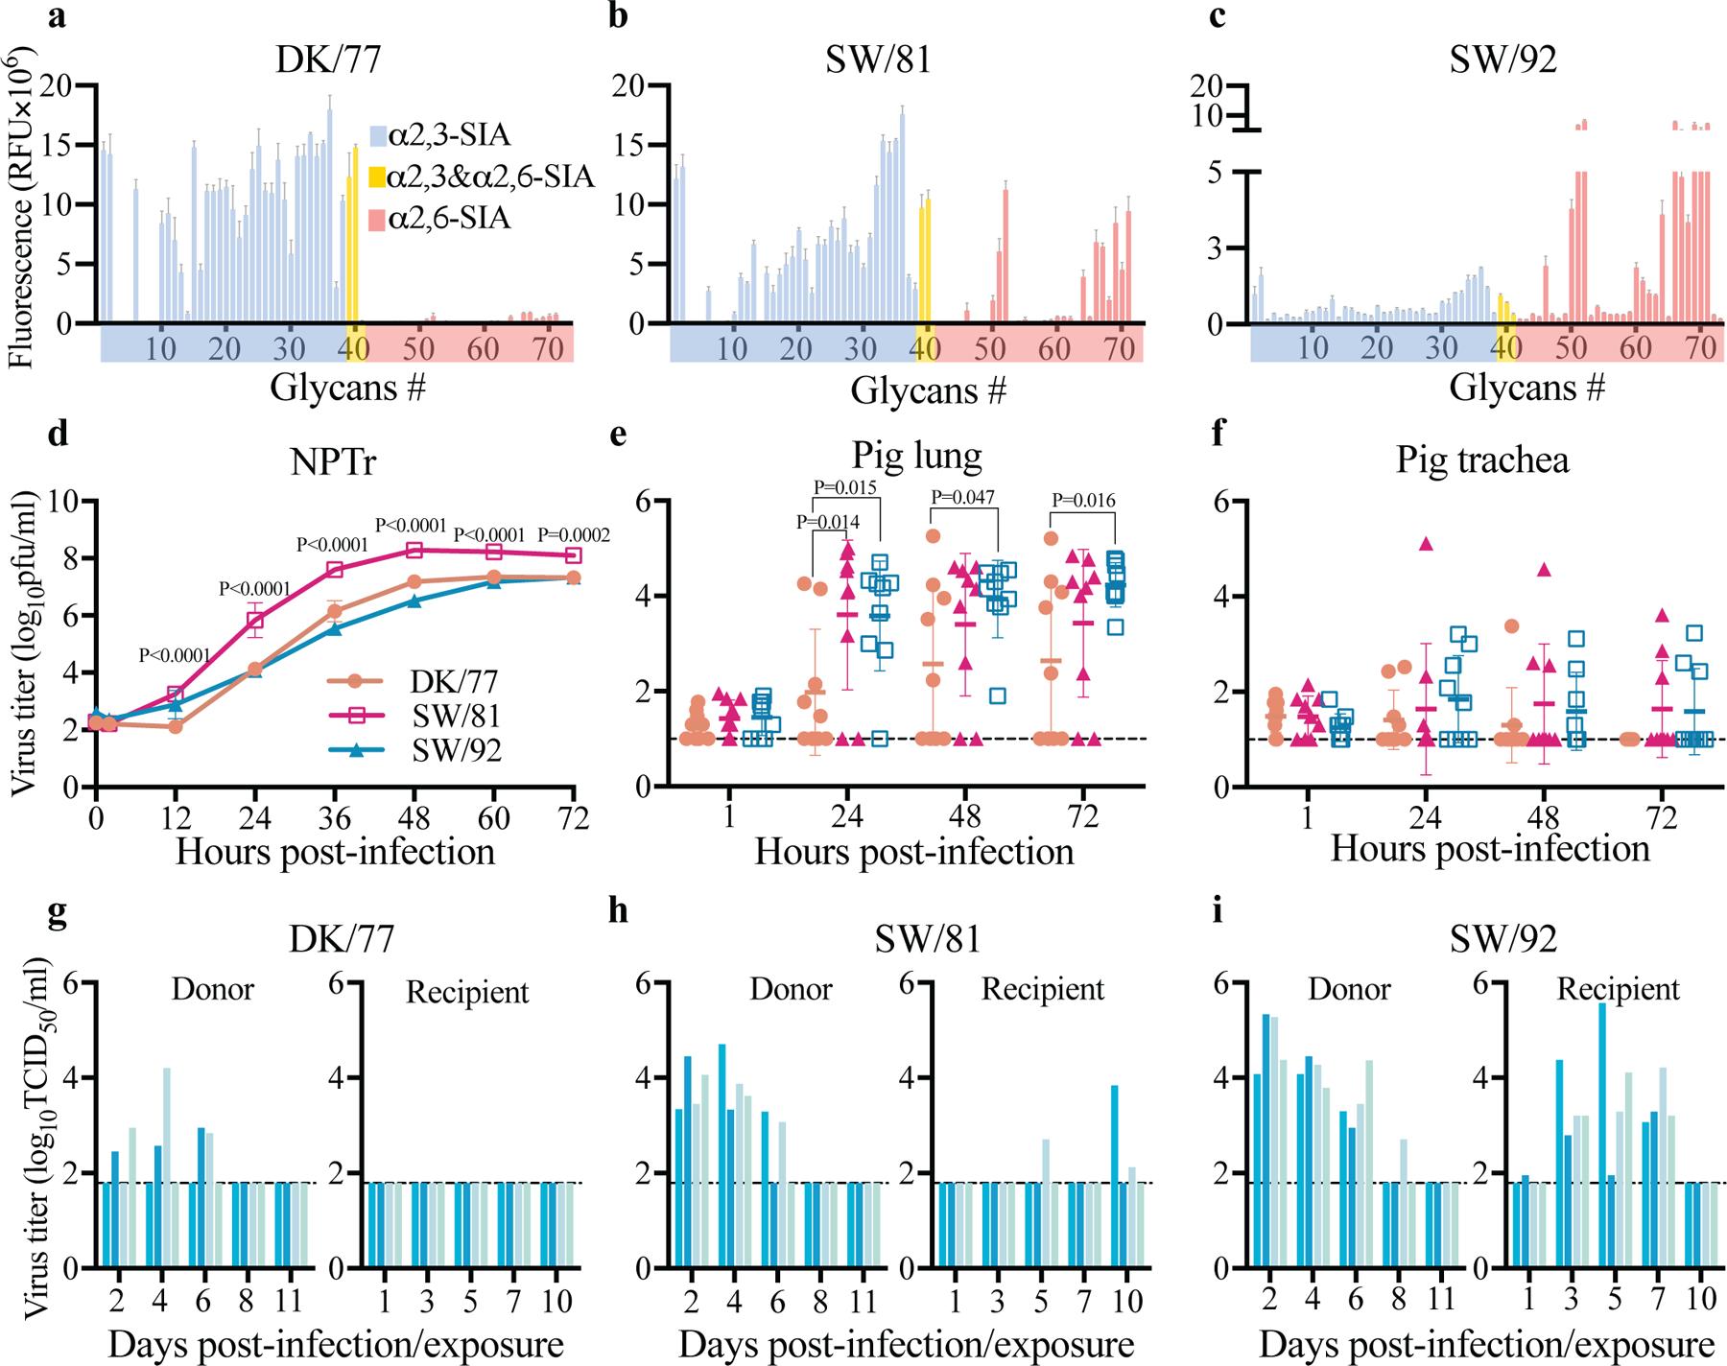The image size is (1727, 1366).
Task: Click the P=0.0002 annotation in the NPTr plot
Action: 574,535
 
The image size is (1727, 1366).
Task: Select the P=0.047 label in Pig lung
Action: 963,497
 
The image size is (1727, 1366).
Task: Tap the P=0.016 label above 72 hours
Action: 1083,499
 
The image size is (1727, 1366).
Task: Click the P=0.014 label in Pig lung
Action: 827,522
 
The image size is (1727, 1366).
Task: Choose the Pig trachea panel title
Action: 1482,460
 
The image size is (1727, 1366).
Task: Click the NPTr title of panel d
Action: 334,462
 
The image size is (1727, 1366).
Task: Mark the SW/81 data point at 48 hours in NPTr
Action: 414,550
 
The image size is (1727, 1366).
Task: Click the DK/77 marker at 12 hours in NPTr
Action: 175,727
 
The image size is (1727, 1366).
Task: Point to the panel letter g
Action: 57,911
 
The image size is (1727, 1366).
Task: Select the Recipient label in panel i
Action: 1618,989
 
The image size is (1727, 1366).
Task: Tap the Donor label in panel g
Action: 212,989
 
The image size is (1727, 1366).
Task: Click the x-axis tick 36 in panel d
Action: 334,817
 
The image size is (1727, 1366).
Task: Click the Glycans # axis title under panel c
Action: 1526,388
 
